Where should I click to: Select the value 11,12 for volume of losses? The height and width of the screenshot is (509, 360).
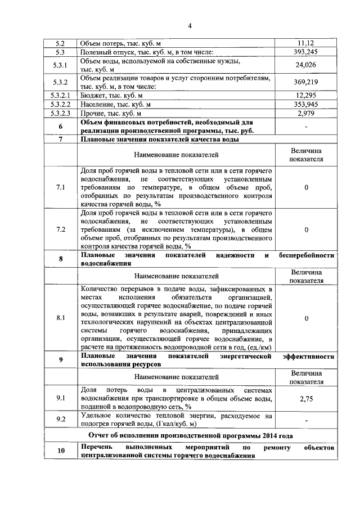[305, 43]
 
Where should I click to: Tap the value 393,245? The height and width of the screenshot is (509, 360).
[305, 52]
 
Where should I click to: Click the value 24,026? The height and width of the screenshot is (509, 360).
[305, 65]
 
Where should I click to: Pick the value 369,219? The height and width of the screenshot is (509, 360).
[305, 83]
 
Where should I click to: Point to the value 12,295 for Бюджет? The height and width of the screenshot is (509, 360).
[305, 96]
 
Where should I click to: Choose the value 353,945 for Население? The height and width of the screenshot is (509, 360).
[305, 105]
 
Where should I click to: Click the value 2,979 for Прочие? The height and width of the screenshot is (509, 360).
[305, 113]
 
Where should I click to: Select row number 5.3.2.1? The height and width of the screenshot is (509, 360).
[60, 96]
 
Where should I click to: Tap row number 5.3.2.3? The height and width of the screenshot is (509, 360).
[60, 113]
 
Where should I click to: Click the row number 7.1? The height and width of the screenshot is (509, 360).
[60, 187]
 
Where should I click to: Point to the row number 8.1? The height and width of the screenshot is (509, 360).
[60, 318]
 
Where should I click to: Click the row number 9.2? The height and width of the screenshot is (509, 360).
[60, 420]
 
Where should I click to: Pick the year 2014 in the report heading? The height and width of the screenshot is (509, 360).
[268, 435]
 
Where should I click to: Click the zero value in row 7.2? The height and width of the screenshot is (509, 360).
[305, 229]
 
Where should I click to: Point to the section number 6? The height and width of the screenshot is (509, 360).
[60, 126]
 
